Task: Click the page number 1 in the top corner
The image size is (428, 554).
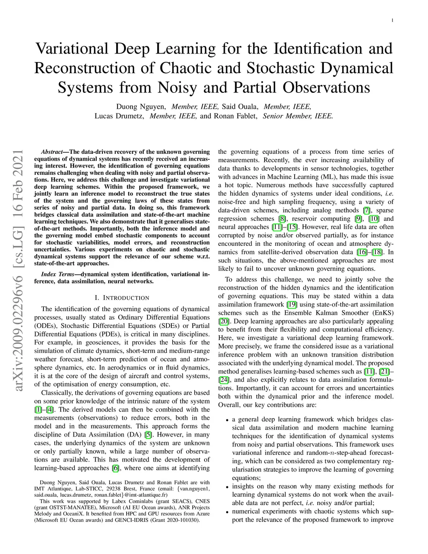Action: (x=393, y=20)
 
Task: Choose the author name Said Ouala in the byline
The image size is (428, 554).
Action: (x=240, y=107)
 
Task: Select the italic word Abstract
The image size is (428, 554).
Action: (x=51, y=152)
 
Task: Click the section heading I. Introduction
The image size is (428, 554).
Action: (x=122, y=298)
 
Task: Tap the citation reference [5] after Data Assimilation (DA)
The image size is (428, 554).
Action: (x=148, y=435)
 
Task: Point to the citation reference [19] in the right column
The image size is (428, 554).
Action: (x=292, y=304)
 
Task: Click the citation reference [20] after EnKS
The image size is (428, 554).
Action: (x=223, y=321)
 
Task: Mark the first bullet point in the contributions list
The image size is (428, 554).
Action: (x=227, y=420)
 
